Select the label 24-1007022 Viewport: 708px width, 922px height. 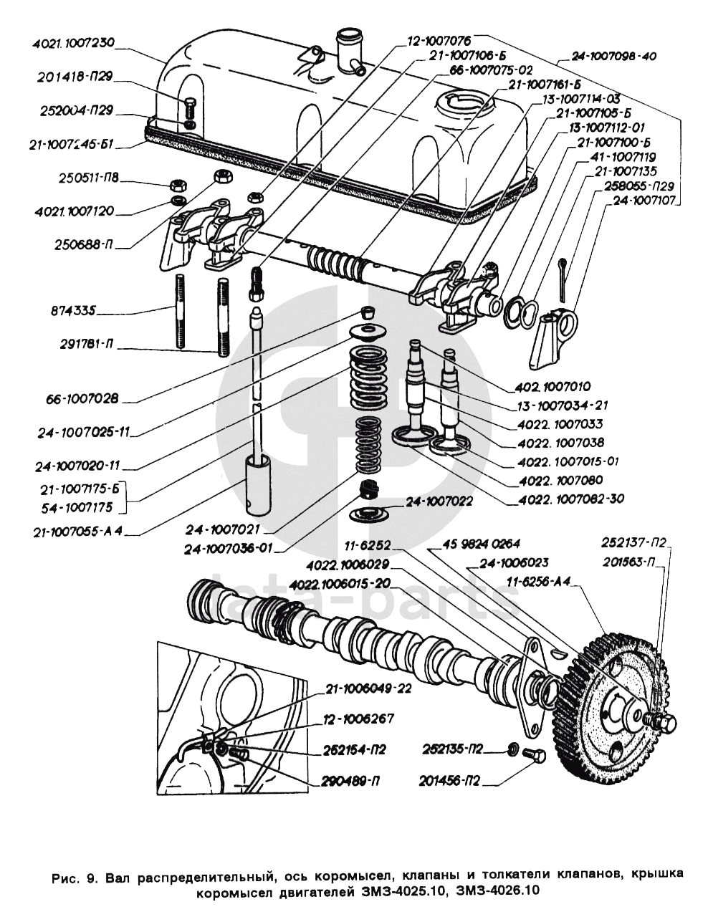(x=439, y=502)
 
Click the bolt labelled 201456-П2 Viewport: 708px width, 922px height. (x=534, y=756)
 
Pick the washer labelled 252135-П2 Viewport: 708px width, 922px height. (x=513, y=749)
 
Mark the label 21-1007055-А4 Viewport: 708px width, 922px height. (x=78, y=532)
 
